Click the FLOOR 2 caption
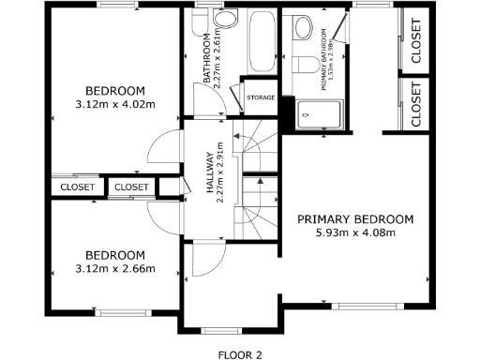tap(239, 354)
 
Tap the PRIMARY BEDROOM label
tap(354, 219)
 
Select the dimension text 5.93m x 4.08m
tap(354, 233)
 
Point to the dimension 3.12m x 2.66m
tap(115, 269)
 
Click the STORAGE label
tap(260, 97)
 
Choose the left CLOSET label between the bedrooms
tap(77, 187)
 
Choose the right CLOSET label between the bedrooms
tap(131, 187)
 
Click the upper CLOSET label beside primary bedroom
tap(416, 40)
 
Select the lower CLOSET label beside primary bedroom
tap(416, 103)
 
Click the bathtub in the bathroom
tap(260, 42)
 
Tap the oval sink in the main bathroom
tap(225, 19)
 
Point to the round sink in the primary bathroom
tap(304, 28)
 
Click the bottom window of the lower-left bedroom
tap(120, 312)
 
